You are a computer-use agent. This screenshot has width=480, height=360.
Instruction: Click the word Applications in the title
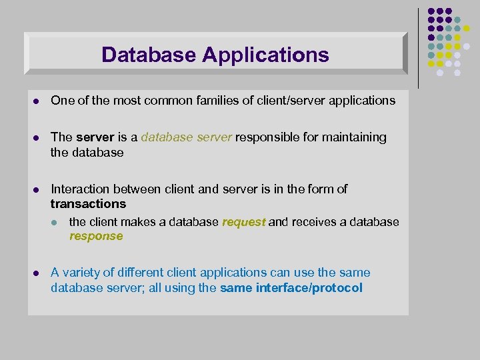(265, 55)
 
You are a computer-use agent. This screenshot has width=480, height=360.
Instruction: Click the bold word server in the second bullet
(95, 137)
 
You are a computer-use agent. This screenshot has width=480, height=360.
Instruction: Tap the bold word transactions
(88, 204)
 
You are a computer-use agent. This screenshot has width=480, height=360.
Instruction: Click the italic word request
(244, 222)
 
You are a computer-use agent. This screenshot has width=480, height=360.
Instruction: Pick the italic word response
(96, 236)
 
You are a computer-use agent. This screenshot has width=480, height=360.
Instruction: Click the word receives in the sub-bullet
(313, 222)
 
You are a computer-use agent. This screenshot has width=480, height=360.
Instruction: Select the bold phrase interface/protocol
(309, 288)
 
